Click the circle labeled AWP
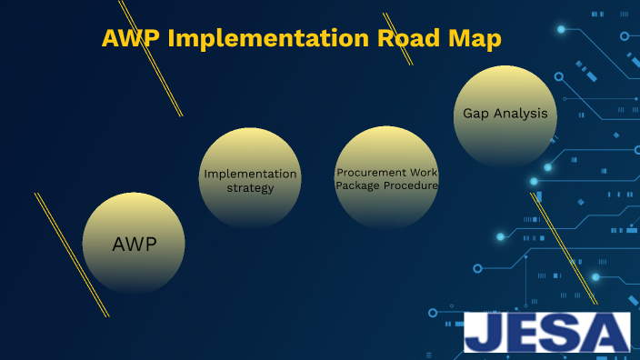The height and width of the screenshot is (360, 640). point(134,243)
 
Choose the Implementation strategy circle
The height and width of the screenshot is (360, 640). point(250,178)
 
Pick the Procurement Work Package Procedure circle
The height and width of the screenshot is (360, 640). point(387,178)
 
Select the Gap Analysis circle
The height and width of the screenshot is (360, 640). point(505,115)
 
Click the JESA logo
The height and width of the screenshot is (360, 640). point(546,333)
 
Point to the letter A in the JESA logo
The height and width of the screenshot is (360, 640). point(606,333)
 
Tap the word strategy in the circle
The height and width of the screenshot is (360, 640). point(250,188)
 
